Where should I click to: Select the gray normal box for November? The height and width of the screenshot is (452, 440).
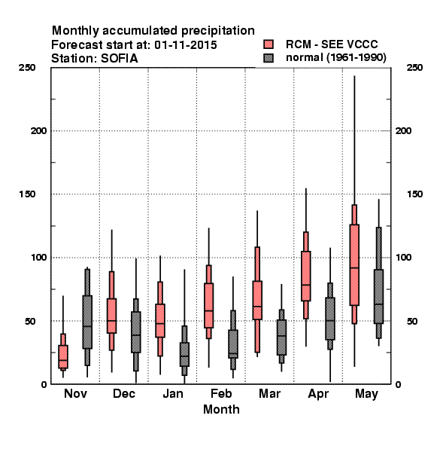(87, 322)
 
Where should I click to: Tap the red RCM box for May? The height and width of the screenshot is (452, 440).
(354, 264)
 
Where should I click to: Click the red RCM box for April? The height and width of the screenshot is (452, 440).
(306, 276)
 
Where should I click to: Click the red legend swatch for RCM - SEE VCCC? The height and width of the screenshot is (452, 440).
(269, 44)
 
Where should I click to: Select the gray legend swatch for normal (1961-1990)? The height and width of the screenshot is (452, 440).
(269, 58)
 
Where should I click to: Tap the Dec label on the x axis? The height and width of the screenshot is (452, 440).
(124, 393)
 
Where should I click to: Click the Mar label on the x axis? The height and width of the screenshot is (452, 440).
(269, 393)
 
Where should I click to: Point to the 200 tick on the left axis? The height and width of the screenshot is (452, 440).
(38, 131)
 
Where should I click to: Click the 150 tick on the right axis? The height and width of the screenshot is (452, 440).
(414, 194)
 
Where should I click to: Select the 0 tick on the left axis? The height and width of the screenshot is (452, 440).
(44, 384)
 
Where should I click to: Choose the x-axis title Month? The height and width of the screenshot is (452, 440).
(221, 409)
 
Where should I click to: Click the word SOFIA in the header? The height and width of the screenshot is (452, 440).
(119, 59)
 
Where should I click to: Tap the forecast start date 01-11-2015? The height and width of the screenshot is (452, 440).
(186, 45)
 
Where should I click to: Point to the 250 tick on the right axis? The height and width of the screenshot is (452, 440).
(414, 68)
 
